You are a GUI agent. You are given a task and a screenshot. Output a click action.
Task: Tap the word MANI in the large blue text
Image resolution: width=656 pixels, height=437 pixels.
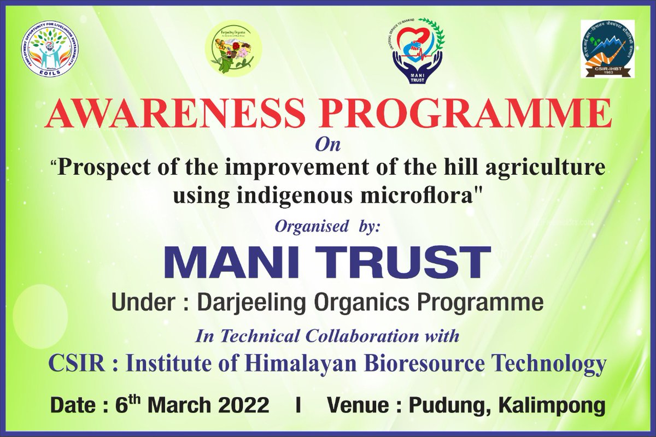click(x=234, y=263)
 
